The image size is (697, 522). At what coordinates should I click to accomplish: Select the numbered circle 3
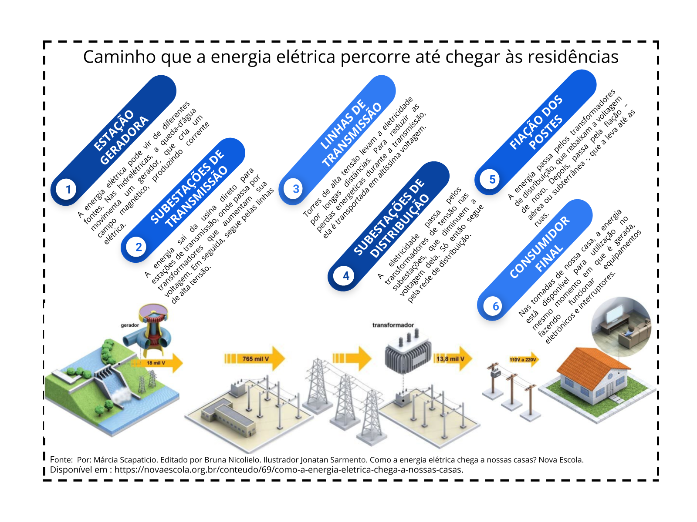tap(295, 189)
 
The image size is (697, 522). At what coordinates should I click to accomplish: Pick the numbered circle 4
tap(345, 275)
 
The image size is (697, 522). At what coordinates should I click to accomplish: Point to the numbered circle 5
tap(492, 179)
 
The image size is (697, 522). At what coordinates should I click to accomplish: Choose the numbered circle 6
tap(495, 306)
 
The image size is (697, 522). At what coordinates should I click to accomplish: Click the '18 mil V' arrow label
tap(156, 363)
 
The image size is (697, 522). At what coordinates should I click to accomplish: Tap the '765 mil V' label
tap(255, 359)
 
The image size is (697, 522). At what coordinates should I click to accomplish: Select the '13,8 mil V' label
tap(450, 359)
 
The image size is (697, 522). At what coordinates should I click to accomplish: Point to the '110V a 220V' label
tap(523, 360)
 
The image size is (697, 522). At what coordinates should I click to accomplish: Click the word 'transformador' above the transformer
tap(393, 325)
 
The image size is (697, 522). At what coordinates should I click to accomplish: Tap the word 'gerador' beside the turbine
tap(129, 325)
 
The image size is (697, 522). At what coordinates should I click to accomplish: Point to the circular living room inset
tap(621, 326)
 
